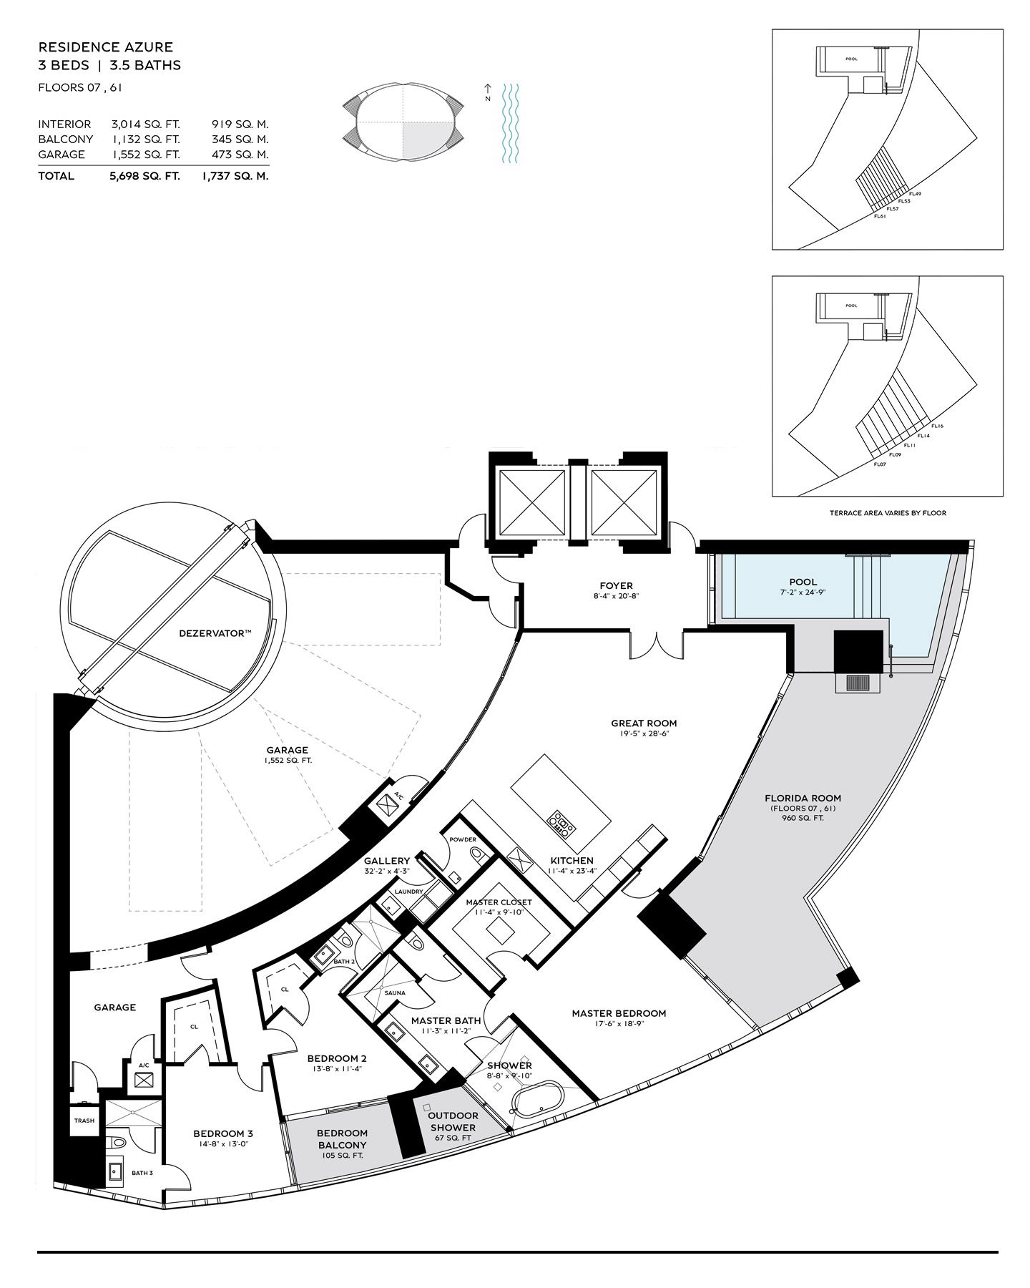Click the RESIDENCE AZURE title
(x=105, y=47)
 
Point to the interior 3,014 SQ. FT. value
(x=146, y=125)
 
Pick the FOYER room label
(x=616, y=586)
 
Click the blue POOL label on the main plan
(x=803, y=582)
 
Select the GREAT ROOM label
(x=644, y=723)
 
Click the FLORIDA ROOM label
(x=803, y=798)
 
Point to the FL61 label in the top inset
(x=880, y=215)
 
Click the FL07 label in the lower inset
(x=880, y=464)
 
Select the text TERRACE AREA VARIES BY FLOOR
(x=888, y=513)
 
